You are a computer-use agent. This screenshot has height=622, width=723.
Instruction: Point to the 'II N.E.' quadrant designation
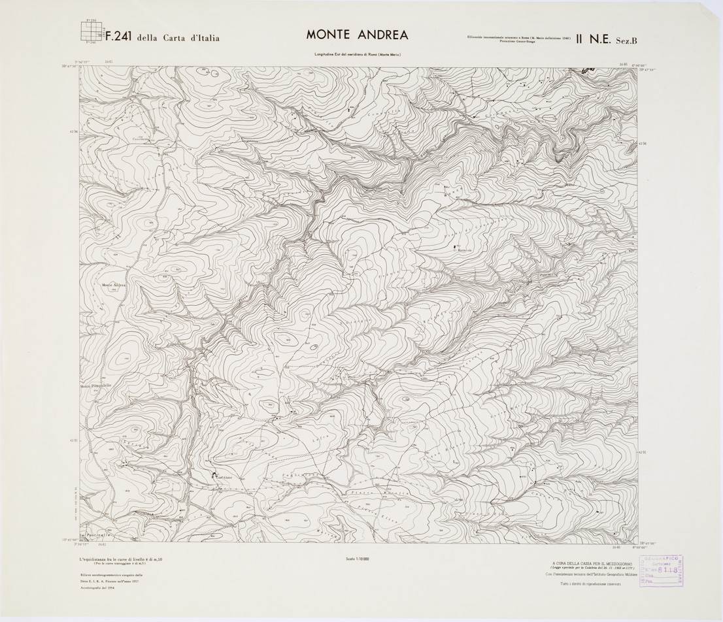tap(592, 39)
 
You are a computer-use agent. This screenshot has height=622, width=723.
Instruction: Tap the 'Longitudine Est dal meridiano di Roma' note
tap(357, 54)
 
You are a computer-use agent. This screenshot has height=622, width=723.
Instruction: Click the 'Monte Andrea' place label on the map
tap(113, 285)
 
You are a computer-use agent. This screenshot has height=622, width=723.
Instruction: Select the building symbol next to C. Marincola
tap(454, 246)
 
